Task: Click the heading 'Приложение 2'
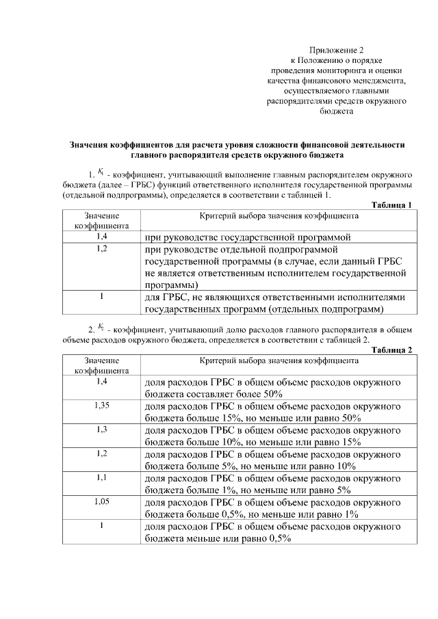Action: tap(337, 50)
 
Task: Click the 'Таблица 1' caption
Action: tap(392, 205)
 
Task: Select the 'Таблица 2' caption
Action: tap(392, 350)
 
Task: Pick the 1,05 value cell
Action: tap(102, 502)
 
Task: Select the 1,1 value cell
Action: tap(102, 477)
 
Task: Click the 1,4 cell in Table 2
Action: tap(102, 381)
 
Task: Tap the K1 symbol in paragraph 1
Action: tap(101, 172)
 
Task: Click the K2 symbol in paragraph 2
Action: tap(101, 327)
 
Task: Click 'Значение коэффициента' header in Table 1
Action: tap(102, 220)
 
